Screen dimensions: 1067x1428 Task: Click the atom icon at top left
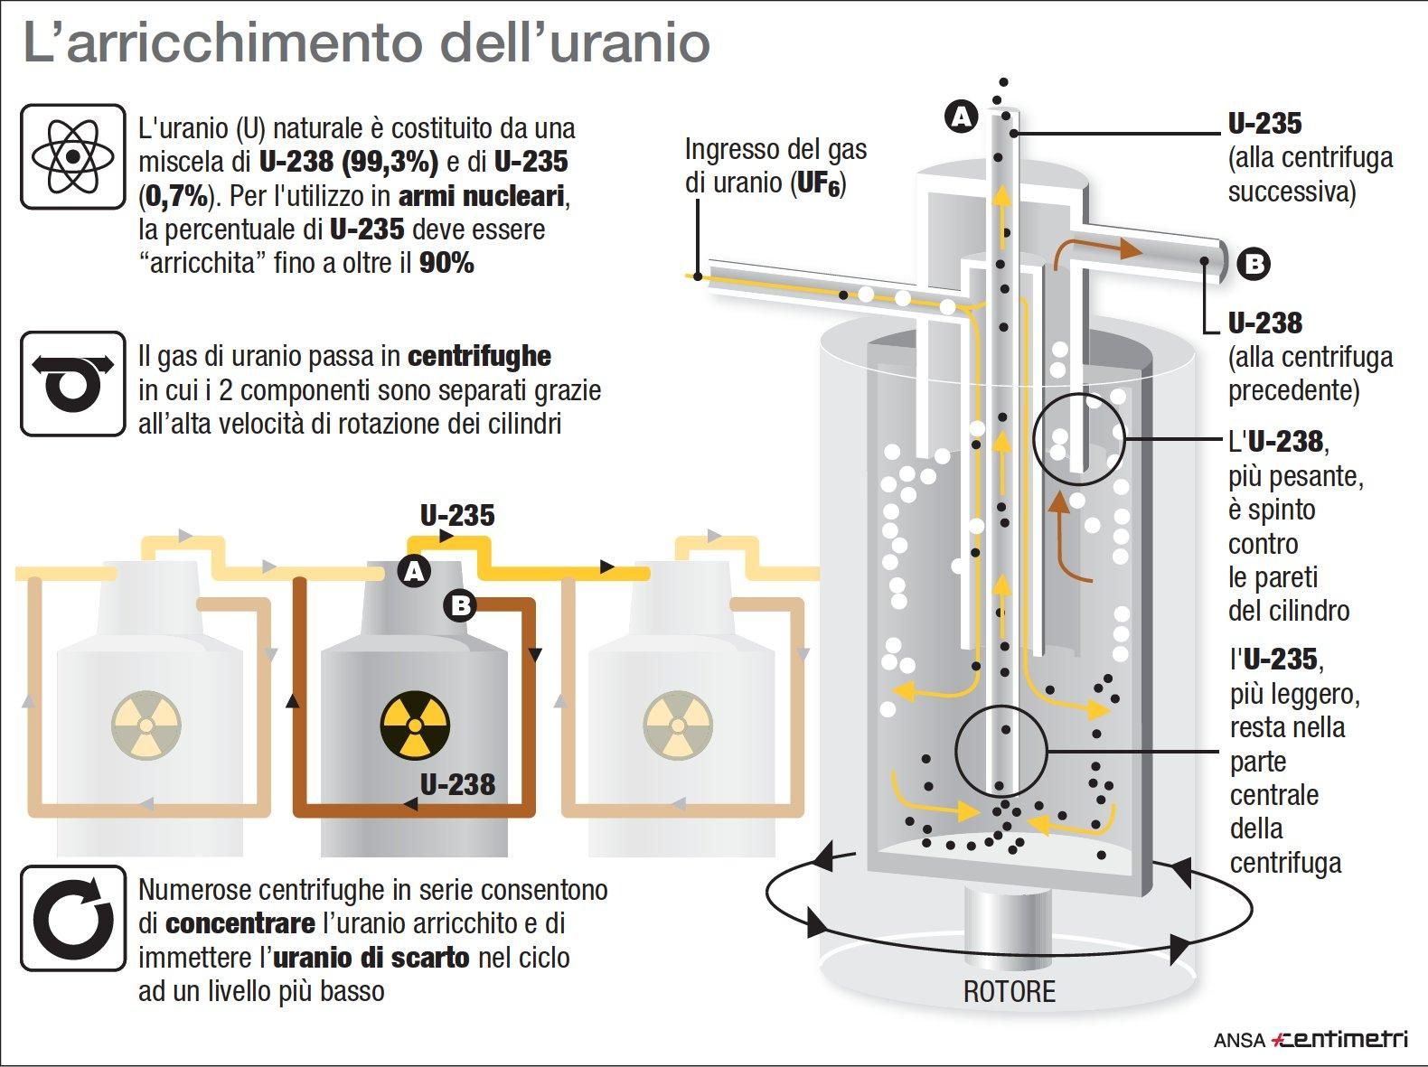tap(72, 156)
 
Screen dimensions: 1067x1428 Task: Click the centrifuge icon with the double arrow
tap(72, 383)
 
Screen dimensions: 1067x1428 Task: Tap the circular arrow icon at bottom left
tap(72, 918)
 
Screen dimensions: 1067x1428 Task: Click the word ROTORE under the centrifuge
tap(1009, 992)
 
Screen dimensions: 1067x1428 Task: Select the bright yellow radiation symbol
tap(414, 725)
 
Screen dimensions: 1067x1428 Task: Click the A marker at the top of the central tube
tap(961, 117)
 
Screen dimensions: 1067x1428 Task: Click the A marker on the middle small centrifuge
tap(415, 571)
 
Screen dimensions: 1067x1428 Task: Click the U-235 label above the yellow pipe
tap(457, 516)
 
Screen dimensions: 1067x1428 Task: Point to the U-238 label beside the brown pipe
tap(457, 784)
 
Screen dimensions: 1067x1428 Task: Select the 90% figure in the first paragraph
tap(446, 263)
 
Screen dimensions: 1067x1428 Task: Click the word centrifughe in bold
tap(479, 357)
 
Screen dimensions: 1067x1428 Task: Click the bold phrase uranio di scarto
tap(371, 958)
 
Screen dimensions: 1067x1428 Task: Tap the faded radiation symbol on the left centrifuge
tap(146, 725)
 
